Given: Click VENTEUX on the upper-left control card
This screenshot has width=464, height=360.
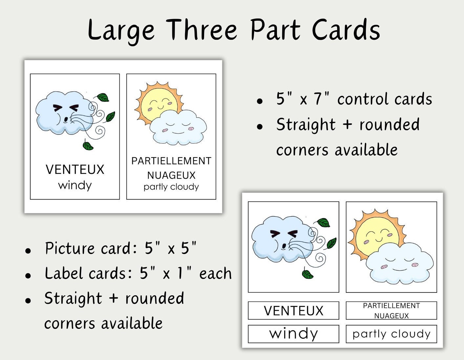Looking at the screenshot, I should tap(75, 170).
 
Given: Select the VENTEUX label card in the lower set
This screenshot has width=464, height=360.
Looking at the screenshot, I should tap(293, 310).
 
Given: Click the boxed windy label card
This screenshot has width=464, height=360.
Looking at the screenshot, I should tap(293, 334).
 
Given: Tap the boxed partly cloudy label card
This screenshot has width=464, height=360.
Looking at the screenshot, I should tap(391, 334).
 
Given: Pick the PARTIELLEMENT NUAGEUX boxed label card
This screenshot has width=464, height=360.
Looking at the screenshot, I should tap(391, 310).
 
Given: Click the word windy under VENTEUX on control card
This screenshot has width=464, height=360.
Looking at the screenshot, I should tap(75, 185).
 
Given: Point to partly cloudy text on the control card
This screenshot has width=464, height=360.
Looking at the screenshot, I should tap(171, 187).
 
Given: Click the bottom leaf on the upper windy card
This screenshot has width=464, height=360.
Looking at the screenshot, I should tap(88, 145).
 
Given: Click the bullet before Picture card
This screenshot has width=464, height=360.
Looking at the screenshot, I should tap(28, 250).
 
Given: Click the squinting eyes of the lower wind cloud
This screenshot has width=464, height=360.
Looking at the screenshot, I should tap(284, 234).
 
